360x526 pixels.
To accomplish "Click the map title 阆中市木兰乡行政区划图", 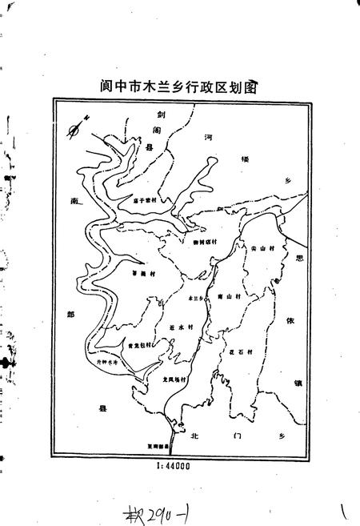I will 183,86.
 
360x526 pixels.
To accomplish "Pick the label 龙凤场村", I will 173,379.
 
